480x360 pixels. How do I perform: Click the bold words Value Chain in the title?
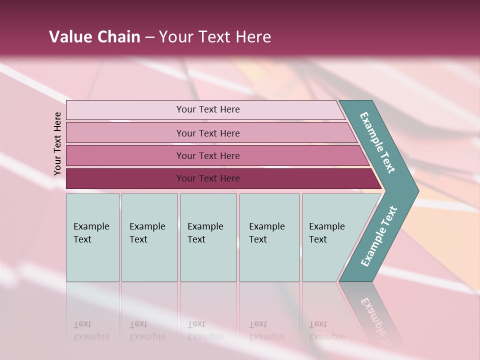94,37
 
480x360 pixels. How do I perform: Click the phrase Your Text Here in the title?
215,37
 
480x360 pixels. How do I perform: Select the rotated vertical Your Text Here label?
57,143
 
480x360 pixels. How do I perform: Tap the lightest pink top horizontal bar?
125,110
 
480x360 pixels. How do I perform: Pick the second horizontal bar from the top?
125,133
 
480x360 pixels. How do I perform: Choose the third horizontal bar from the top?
125,155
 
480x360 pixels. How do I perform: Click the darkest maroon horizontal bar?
125,178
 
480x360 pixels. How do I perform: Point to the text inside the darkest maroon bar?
208,178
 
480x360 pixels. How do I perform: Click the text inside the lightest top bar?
208,109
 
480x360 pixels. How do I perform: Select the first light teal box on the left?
92,237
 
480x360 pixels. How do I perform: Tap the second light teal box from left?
149,237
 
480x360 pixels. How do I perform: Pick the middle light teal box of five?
208,237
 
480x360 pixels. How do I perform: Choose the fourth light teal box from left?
269,237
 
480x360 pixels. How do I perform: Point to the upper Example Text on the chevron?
377,142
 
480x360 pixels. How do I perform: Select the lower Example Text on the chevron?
378,236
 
